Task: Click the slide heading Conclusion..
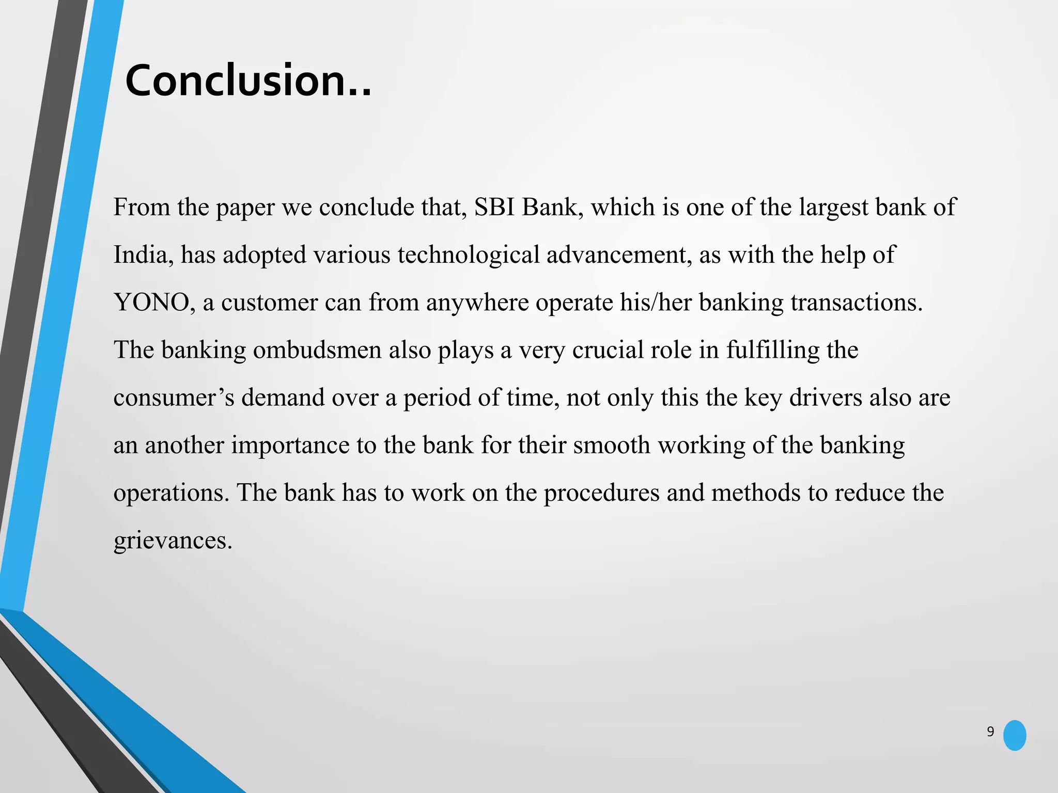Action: tap(248, 81)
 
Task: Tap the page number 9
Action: tap(990, 732)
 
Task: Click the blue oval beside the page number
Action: tap(1015, 735)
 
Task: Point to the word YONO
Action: tap(151, 303)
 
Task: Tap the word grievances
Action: tap(173, 541)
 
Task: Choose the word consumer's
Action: tap(174, 398)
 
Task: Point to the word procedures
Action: tap(601, 493)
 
